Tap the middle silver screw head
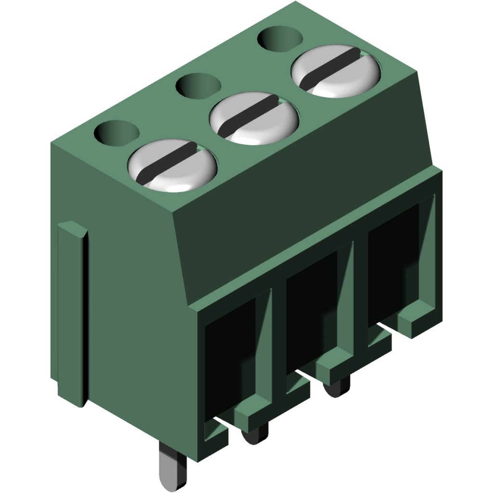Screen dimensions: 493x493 pos(254,118)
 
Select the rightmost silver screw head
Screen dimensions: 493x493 pos(336,72)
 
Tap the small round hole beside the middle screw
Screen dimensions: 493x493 pos(198,86)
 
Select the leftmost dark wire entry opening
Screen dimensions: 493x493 pos(229,356)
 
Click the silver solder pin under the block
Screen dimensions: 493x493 pos(169,467)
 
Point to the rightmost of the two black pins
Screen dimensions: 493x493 pos(336,388)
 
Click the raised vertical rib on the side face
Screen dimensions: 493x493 pos(73,313)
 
